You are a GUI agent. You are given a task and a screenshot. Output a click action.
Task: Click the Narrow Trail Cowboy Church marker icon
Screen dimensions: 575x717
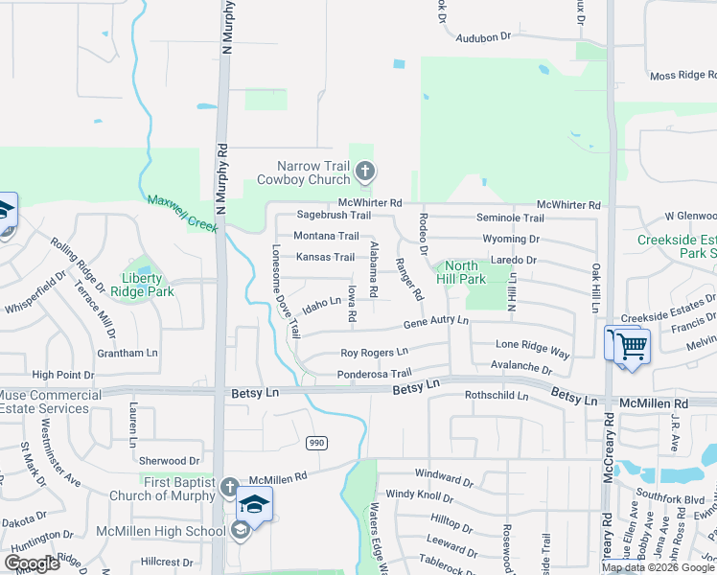tap(364, 172)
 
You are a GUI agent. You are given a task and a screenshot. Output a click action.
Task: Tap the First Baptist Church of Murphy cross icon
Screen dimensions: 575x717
tap(228, 488)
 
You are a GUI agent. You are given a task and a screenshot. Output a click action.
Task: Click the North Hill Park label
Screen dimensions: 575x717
tap(461, 272)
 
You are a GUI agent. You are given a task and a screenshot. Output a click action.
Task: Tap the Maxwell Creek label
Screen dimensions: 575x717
tap(182, 213)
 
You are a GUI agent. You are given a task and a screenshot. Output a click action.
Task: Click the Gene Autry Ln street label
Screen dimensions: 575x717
tap(435, 322)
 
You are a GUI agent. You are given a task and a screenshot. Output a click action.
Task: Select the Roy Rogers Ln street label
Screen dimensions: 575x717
tap(375, 353)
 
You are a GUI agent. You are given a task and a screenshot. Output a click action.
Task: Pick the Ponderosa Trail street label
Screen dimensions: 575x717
tap(374, 374)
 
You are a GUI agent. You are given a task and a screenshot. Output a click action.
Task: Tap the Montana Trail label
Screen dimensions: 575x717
tap(326, 236)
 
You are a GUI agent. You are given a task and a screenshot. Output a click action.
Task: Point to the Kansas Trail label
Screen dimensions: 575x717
tap(325, 257)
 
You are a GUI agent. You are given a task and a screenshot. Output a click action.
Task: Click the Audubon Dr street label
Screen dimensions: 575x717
tap(485, 37)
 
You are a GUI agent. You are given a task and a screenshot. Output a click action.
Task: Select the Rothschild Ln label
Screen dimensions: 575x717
tap(497, 395)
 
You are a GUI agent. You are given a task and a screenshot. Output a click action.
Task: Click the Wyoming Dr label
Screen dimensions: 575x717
tap(511, 239)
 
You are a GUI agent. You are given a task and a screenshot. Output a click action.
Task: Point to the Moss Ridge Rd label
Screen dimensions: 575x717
tap(682, 75)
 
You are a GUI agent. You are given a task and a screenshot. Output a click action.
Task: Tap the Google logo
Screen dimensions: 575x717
tap(33, 563)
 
